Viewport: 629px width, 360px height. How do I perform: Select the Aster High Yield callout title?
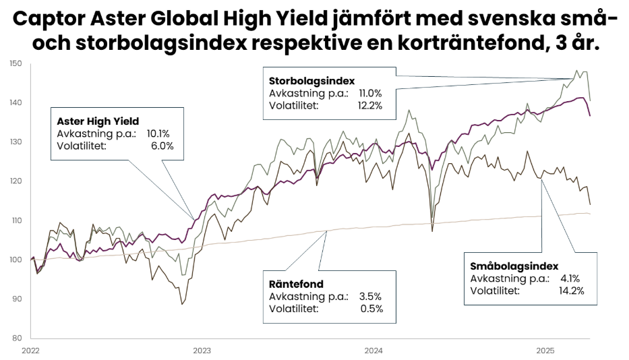pos(98,121)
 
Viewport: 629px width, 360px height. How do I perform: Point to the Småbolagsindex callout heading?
pos(514,266)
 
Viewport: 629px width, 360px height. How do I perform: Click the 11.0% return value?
pos(370,94)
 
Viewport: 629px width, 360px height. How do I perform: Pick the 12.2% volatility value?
pos(370,105)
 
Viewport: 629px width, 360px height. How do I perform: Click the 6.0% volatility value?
pos(162,145)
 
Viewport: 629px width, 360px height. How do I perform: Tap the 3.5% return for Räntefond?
pos(370,297)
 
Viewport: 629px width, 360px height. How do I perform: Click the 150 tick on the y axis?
pos(16,64)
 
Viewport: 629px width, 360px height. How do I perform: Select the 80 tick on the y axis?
pos(17,338)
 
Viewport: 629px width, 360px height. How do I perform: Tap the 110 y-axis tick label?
pos(16,220)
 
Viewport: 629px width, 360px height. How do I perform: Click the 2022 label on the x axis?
pos(30,351)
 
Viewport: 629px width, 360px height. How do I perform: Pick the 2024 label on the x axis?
pos(373,351)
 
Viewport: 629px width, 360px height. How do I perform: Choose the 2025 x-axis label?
pos(545,351)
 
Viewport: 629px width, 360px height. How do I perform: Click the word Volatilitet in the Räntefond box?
pos(293,309)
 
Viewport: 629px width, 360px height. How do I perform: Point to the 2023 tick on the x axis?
pos(202,351)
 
